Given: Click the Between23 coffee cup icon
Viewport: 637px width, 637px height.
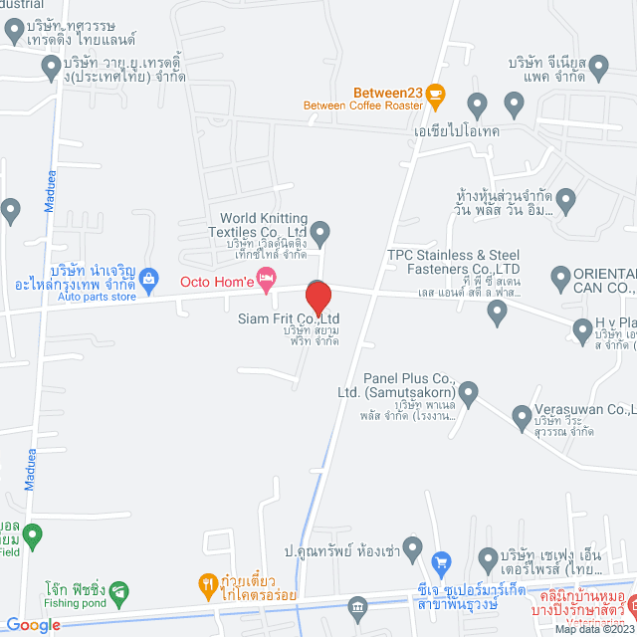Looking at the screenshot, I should click(436, 94).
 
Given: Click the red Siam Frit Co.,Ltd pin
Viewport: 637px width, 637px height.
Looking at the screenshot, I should click(318, 296).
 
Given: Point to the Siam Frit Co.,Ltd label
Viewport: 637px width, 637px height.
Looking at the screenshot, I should click(317, 318).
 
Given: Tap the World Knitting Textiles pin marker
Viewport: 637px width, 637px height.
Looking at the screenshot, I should click(319, 235).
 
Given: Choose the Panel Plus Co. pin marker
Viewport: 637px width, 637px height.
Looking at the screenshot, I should click(469, 391).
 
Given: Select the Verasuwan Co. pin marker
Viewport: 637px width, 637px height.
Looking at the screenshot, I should click(521, 416).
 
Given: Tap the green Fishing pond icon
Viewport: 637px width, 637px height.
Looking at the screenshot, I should click(118, 589).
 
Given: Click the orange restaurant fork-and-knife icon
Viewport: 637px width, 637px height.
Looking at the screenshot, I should click(207, 581).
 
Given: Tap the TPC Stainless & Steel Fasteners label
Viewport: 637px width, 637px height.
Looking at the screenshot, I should click(454, 261).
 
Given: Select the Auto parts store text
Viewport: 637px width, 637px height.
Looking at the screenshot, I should click(96, 297).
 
